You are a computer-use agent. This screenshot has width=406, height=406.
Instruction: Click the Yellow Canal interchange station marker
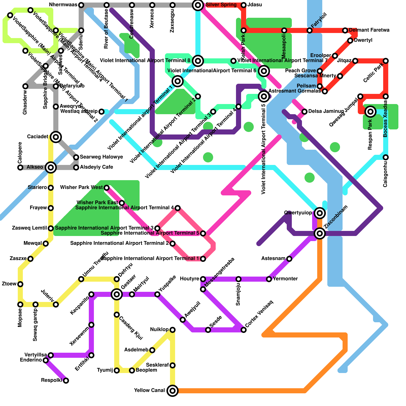click(x=173, y=391)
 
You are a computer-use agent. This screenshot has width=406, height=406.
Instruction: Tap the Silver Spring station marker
click(x=198, y=5)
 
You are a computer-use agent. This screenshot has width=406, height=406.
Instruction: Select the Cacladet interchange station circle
click(x=56, y=137)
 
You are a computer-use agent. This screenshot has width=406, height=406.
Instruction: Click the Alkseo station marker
click(x=51, y=167)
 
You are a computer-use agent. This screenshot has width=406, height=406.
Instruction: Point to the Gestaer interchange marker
click(x=117, y=294)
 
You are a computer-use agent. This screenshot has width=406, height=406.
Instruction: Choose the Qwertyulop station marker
click(x=320, y=213)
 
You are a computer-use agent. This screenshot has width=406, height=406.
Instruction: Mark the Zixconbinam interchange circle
click(x=320, y=233)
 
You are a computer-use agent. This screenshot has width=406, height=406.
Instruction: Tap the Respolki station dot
click(x=66, y=381)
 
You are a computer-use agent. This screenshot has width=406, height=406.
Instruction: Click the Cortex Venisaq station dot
click(x=244, y=330)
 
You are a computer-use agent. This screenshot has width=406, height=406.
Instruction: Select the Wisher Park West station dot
click(x=107, y=188)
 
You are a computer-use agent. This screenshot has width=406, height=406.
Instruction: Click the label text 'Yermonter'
click(x=285, y=279)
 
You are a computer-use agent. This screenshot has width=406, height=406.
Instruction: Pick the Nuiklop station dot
click(x=173, y=330)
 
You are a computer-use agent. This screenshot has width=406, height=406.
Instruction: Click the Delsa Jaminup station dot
click(x=304, y=112)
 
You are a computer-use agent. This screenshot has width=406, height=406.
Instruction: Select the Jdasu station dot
click(x=244, y=5)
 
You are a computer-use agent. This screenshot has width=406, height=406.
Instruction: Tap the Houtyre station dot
click(x=203, y=279)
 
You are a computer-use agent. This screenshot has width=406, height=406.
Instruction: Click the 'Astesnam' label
click(x=273, y=259)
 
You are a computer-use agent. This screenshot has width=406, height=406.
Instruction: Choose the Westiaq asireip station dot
click(x=101, y=112)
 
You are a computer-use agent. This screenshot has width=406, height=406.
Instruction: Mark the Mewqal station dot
click(x=46, y=244)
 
